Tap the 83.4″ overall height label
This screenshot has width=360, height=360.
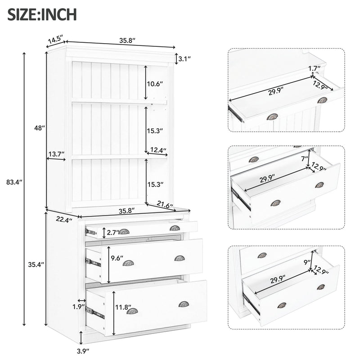pyautogui.click(x=12, y=182)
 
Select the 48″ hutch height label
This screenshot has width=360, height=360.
pyautogui.click(x=40, y=128)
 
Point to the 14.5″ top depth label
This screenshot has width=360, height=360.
pyautogui.click(x=54, y=39)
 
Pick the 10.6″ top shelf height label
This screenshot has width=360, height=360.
pyautogui.click(x=155, y=83)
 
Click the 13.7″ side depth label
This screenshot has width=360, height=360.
pyautogui.click(x=57, y=154)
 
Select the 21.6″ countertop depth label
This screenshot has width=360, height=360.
pyautogui.click(x=165, y=205)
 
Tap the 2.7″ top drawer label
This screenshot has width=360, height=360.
pyautogui.click(x=113, y=232)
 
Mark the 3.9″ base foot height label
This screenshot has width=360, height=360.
pyautogui.click(x=82, y=349)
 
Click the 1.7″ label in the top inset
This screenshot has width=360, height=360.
pyautogui.click(x=315, y=68)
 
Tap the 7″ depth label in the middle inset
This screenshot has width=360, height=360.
pyautogui.click(x=305, y=158)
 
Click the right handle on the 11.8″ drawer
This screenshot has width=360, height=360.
pyautogui.click(x=184, y=304)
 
